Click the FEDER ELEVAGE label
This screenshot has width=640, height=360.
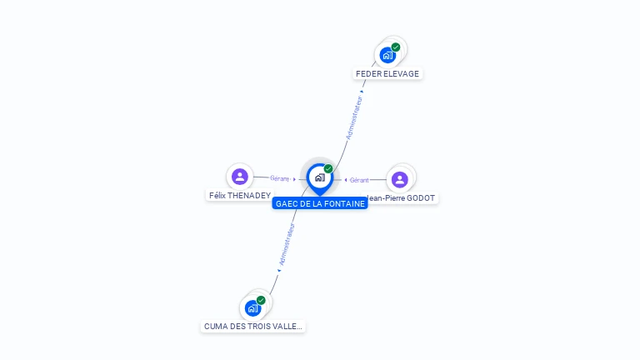387,73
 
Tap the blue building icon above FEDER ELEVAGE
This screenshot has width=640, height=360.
387,55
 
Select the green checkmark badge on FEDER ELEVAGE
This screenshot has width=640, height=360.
396,47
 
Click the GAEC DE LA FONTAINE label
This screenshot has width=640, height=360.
320,203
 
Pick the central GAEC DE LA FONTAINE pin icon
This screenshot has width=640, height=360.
319,177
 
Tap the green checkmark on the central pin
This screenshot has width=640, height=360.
328,169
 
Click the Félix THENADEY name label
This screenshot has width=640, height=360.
239,195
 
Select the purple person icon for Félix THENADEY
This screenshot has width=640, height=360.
240,176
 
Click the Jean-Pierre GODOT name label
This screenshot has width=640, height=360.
402,198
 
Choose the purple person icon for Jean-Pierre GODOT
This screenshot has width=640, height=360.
399,179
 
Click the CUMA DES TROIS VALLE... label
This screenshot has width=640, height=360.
253,327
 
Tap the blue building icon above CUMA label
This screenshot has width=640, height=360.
252,307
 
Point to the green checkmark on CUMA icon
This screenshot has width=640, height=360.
261,300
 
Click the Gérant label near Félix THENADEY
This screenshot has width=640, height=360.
279,178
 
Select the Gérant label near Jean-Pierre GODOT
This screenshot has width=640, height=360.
359,180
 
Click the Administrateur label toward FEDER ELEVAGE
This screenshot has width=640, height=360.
354,117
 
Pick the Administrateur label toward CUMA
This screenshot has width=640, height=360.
287,244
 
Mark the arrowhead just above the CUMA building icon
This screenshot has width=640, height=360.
278,270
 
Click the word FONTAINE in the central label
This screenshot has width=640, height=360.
343,203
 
